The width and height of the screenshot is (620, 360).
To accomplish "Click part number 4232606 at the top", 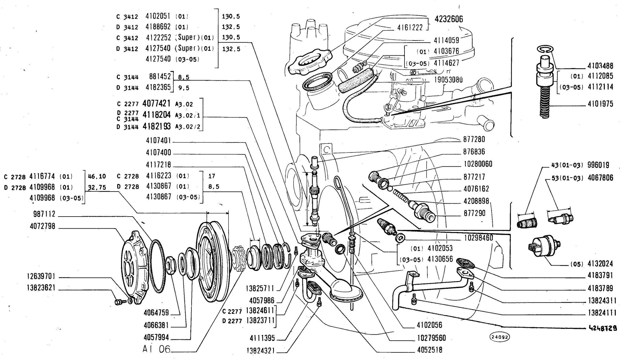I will pos(449,19).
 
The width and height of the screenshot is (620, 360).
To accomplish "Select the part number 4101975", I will pos(600,104).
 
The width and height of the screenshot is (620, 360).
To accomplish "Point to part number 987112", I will pos(44,214).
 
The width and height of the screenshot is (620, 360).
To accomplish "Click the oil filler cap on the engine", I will pos(309,62).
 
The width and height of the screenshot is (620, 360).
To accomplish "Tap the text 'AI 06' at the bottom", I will pos(156,349).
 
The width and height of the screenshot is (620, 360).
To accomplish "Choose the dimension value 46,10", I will pos(97,176).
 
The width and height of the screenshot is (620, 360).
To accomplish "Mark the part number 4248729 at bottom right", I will pos(602,328).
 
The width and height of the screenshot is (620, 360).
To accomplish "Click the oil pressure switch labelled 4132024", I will pos(544,247).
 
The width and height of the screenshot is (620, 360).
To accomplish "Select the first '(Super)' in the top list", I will pos(187,38).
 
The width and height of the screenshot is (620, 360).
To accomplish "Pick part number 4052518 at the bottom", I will pos(430,350).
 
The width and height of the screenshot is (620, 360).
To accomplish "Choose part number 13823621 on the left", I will pos(41,288).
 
